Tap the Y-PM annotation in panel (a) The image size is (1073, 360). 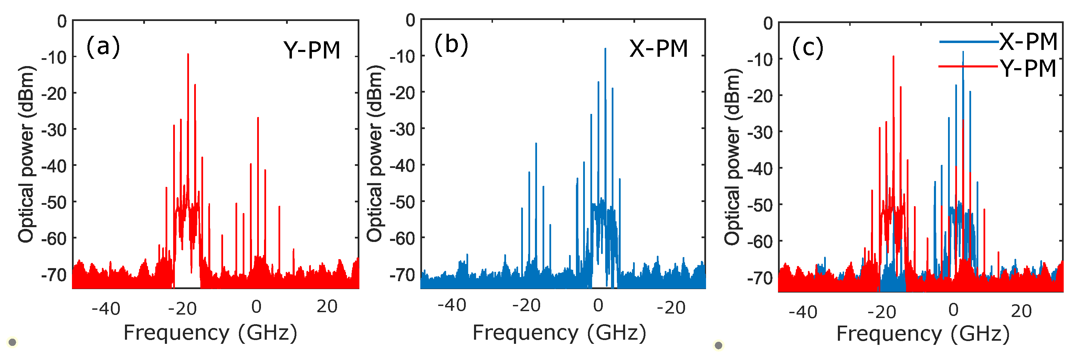[x=312, y=50]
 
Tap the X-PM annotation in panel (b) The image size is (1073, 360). [x=658, y=49]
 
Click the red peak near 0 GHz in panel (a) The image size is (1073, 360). [x=258, y=118]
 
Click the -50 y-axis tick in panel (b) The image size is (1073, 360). [x=402, y=202]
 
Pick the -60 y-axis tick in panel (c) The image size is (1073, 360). [x=760, y=241]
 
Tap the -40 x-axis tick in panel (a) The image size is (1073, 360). [x=106, y=309]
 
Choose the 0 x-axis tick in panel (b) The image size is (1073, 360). [x=598, y=306]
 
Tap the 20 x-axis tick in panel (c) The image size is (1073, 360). [x=1021, y=311]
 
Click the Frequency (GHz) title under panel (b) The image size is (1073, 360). [x=559, y=333]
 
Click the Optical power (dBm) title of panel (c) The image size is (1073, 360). [x=732, y=156]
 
